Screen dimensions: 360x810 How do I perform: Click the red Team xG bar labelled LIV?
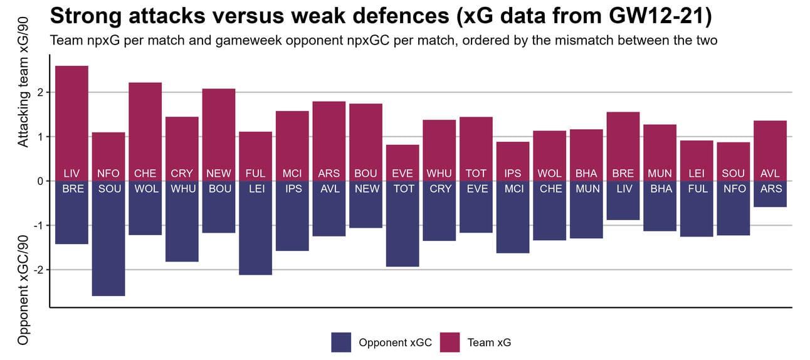point(71,119)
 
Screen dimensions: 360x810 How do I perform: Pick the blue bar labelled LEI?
point(255,232)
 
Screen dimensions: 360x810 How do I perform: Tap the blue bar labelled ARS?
point(770,198)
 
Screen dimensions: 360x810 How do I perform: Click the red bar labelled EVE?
point(402,157)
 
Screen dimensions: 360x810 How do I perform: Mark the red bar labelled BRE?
point(623,141)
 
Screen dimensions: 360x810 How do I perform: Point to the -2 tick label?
point(39,270)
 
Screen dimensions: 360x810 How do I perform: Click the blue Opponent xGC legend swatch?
point(341,342)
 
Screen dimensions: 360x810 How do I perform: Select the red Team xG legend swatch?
point(450,342)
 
